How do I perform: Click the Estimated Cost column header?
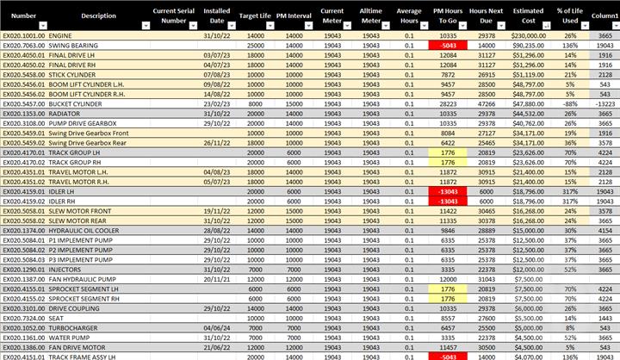[x=529, y=16]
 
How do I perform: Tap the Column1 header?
[x=605, y=16]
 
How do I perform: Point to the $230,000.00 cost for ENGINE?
[x=529, y=35]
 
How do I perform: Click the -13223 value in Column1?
[x=605, y=102]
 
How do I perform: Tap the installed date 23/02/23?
[x=214, y=102]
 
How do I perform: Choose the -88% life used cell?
[x=569, y=102]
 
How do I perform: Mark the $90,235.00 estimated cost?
[x=529, y=45]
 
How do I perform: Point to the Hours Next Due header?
[x=486, y=16]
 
